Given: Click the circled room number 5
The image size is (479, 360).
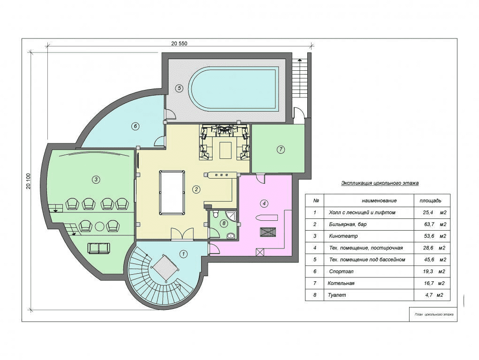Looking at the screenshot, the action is pyautogui.click(x=179, y=88).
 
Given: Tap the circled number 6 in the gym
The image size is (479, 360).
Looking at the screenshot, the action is pyautogui.click(x=136, y=126).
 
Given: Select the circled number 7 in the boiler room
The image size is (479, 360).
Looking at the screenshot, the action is pyautogui.click(x=281, y=150).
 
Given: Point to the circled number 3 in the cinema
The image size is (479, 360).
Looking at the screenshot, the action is pyautogui.click(x=96, y=180).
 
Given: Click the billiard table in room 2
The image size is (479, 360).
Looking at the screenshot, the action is pyautogui.click(x=172, y=193).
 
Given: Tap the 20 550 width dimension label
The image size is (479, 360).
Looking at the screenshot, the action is pyautogui.click(x=179, y=43).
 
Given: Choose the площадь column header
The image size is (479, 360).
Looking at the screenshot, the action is pyautogui.click(x=430, y=201).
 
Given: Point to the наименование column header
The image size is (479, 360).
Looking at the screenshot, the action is pyautogui.click(x=379, y=201).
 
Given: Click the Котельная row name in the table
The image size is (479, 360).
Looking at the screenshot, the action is pyautogui.click(x=341, y=283).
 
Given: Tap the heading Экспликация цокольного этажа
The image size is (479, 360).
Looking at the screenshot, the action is pyautogui.click(x=380, y=183).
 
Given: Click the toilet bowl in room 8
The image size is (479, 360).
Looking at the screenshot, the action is pyautogui.click(x=216, y=214).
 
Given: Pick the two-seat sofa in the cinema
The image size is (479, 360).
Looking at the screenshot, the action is pyautogui.click(x=99, y=248).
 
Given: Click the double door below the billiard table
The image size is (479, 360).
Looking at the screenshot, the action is pyautogui.click(x=182, y=234).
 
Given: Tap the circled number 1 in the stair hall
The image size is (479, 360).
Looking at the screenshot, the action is pyautogui.click(x=183, y=254).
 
